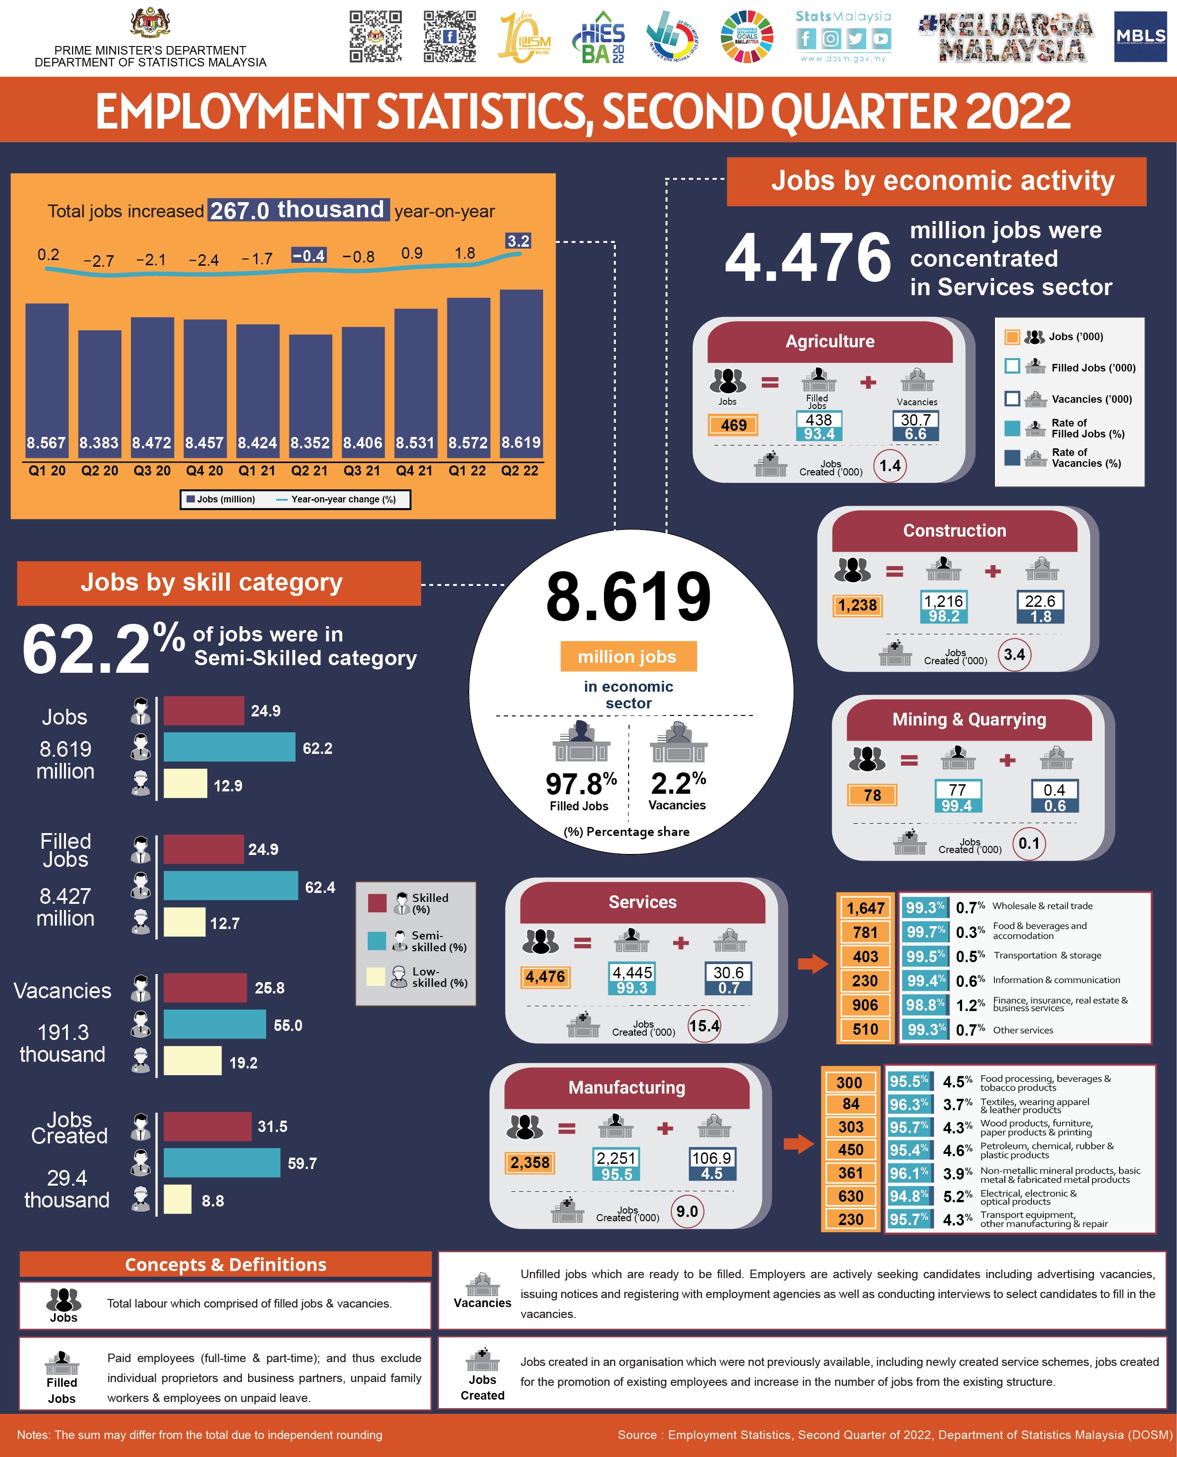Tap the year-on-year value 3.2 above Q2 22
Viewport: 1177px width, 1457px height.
tap(518, 241)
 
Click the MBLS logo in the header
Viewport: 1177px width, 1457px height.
tap(1140, 37)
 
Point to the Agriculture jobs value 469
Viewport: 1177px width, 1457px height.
tap(733, 425)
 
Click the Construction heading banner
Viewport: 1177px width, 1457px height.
tap(954, 531)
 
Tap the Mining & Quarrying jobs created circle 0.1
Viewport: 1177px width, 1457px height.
tap(1029, 844)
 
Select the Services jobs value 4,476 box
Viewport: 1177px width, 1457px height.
tap(545, 977)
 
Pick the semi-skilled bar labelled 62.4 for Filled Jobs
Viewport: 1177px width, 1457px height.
tap(231, 885)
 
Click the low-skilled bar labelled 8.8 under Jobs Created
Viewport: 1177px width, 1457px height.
tap(177, 1199)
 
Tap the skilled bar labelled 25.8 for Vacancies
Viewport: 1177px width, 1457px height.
tap(205, 988)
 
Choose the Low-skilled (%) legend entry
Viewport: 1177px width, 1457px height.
tap(417, 977)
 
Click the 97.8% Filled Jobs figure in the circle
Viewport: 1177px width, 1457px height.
tap(581, 784)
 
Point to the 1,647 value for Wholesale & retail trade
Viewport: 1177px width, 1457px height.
tap(866, 908)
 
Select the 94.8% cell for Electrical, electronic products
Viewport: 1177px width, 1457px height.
tap(908, 1197)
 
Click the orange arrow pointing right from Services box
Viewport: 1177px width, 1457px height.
tap(812, 964)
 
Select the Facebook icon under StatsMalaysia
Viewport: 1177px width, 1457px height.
tap(806, 38)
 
